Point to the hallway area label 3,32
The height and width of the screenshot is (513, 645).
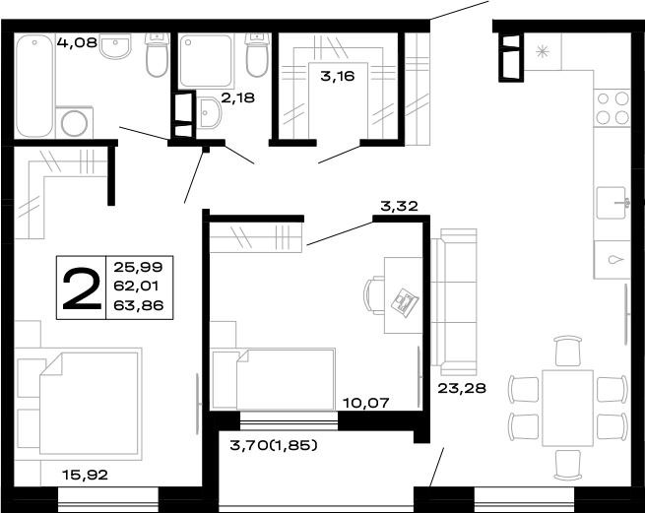tap(400, 206)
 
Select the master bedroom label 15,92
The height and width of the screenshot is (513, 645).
tap(84, 475)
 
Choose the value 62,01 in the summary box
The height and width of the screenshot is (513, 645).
tap(142, 287)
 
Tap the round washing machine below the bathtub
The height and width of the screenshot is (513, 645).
tap(76, 123)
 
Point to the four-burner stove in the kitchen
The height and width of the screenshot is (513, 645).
tap(612, 107)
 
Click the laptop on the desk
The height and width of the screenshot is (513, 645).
tap(403, 301)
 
